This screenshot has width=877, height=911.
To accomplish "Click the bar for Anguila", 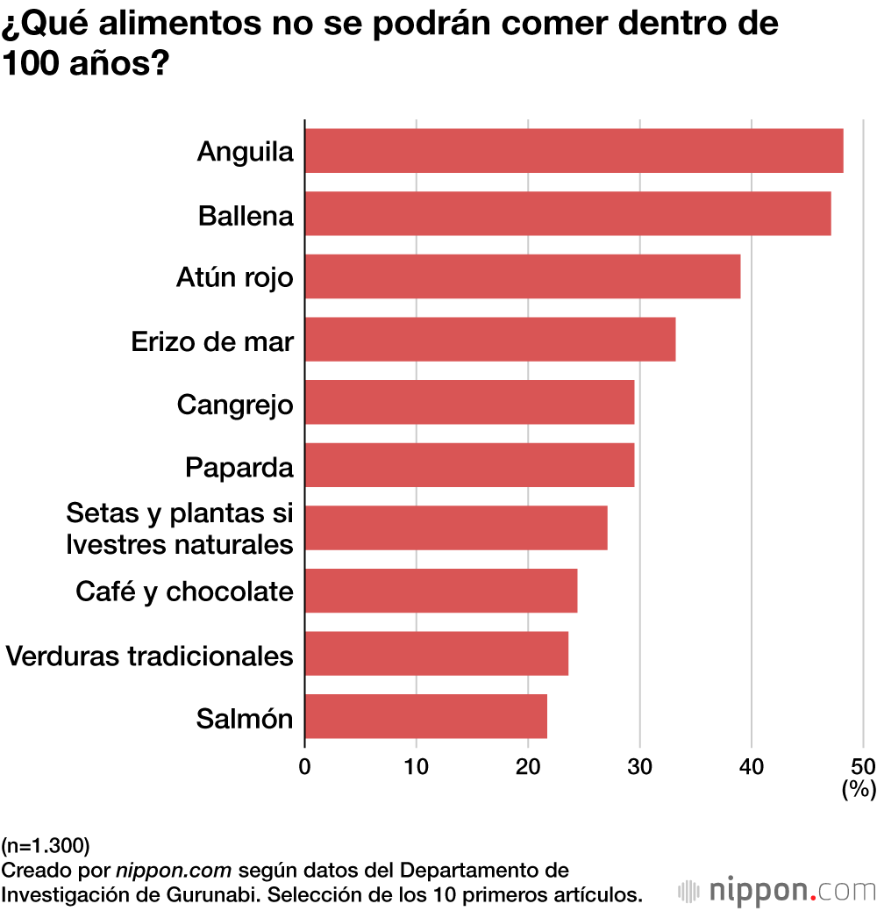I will (574, 150).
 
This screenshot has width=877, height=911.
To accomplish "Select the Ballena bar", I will (567, 213).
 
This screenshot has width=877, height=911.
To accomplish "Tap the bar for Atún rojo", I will (522, 276).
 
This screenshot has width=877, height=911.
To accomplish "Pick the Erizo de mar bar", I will (489, 340).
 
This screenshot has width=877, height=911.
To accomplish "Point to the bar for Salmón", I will (425, 716).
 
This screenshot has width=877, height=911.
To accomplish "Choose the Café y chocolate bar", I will (440, 591).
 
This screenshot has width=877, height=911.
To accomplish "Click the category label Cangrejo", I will (234, 405).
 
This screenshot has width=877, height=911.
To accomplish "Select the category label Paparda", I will (239, 467).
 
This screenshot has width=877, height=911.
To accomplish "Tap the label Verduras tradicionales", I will (149, 655).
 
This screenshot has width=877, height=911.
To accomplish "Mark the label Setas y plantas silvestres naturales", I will (179, 528).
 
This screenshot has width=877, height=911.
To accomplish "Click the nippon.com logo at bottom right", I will (777, 891).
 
